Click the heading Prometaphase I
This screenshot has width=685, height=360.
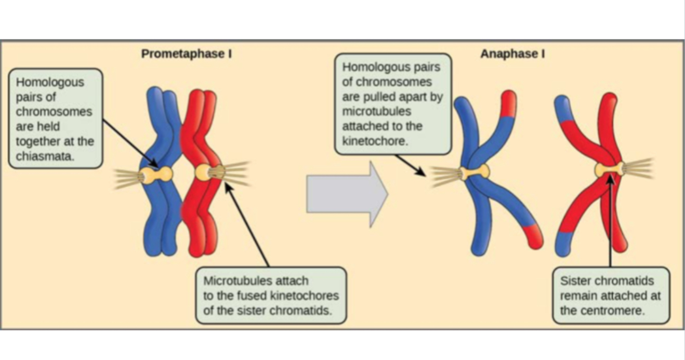tap(186, 54)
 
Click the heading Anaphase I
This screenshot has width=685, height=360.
tap(512, 54)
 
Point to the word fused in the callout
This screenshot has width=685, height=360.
tap(254, 296)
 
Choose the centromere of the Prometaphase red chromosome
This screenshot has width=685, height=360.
tap(204, 172)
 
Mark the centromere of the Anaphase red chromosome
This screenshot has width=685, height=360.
tap(610, 168)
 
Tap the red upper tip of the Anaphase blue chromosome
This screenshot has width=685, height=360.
tap(509, 102)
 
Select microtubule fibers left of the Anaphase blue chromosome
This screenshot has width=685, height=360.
tap(443, 176)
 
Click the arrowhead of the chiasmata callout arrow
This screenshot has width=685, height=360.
tap(154, 166)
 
